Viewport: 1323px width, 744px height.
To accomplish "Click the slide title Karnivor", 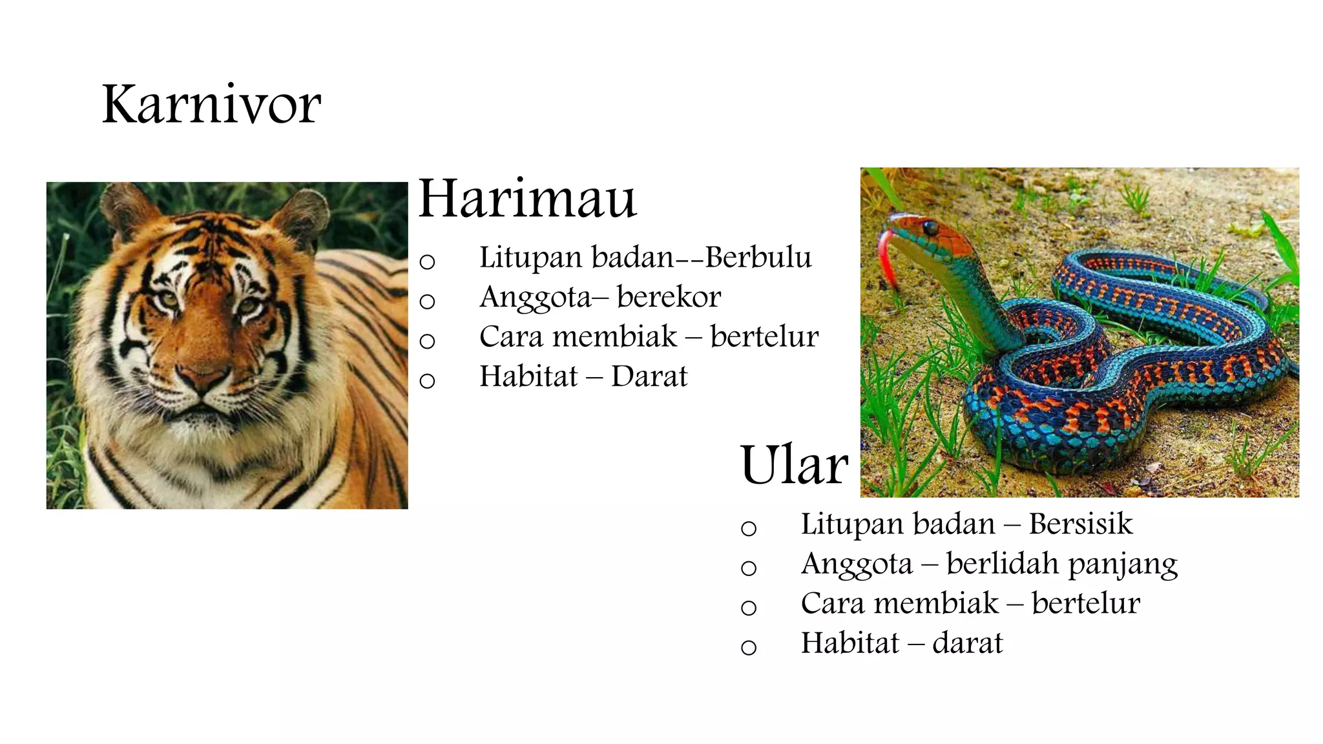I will coord(211,105).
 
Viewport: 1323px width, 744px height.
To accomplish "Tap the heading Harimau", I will coord(527,198).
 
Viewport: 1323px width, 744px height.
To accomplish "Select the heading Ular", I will coord(794,465).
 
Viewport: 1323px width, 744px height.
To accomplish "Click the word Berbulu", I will coord(758,258).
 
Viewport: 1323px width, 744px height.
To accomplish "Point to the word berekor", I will coord(669,297).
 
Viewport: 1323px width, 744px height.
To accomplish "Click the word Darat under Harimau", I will coord(649,377).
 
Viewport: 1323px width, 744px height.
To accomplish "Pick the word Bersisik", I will coord(1080,524).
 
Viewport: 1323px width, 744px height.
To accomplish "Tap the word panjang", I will coord(1123,564).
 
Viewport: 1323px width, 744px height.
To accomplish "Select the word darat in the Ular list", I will coord(967,643).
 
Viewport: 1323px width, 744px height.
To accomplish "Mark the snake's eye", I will coord(930,227).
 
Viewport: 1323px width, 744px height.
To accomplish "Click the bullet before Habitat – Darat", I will coord(427,380).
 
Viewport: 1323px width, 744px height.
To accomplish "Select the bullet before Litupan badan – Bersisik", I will coord(749,528).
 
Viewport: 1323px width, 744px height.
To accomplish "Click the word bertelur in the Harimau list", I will coord(764,337).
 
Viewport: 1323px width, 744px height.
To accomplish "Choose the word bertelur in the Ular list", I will coord(1085,604).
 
